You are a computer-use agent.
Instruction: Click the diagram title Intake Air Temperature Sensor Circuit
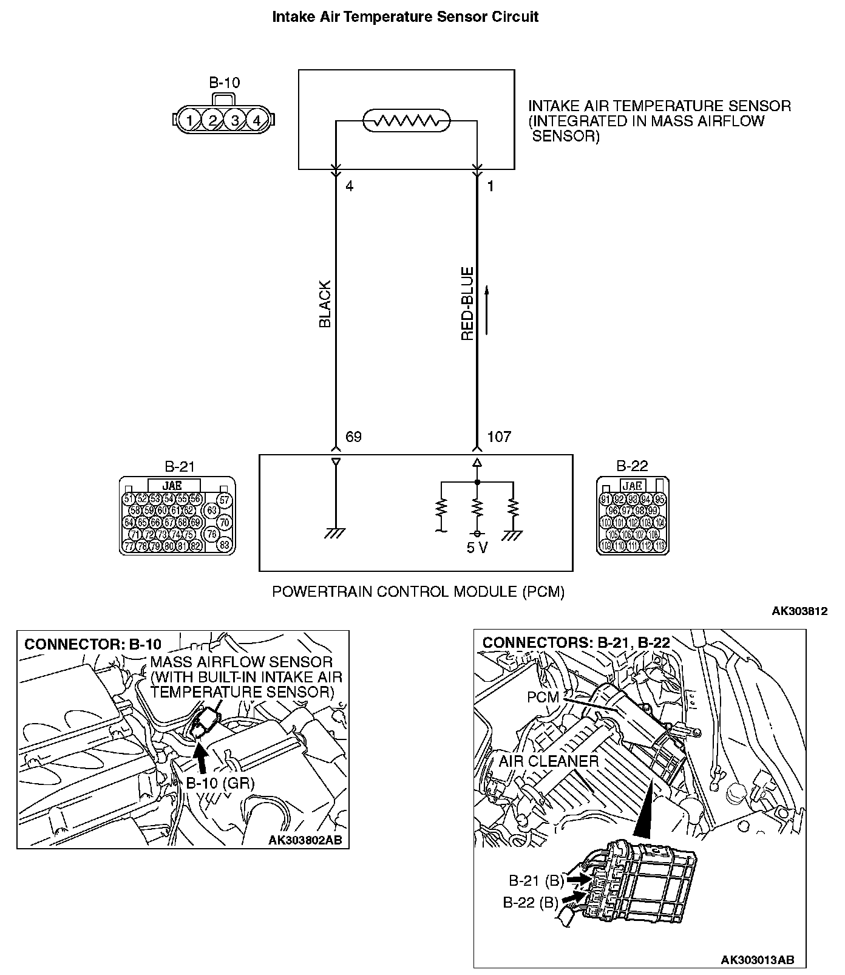405,17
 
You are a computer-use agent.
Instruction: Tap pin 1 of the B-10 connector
190,120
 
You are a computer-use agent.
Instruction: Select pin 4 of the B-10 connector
257,120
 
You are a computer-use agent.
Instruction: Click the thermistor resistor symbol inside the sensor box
406,121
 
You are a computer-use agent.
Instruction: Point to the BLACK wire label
325,304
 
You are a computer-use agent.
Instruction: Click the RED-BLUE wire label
467,304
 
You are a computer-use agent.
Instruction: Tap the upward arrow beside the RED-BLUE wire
486,311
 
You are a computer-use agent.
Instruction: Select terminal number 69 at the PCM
353,437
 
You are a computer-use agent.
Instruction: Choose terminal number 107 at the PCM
499,437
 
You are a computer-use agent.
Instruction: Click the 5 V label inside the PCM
477,548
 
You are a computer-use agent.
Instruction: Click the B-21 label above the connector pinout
180,466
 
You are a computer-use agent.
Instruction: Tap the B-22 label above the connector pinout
632,466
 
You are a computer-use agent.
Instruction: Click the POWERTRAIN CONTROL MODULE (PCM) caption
418,591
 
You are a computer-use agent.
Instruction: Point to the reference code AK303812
799,611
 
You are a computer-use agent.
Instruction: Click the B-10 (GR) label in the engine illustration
220,783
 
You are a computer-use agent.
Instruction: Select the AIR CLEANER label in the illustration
549,761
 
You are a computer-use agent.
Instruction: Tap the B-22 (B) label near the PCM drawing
530,903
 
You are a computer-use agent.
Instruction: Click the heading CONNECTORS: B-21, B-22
576,643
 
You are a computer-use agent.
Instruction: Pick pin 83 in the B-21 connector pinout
224,545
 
